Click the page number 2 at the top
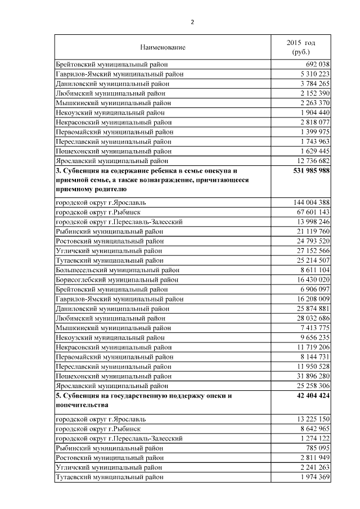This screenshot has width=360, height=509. pos(192,22)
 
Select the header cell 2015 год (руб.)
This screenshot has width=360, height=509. pos(301,47)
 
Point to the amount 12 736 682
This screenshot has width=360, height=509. pos(309,161)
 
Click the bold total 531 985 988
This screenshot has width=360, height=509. pos(307,170)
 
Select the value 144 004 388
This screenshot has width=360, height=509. pos(307,202)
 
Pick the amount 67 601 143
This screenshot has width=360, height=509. pos(309,212)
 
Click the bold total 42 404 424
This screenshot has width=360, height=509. pos(309,395)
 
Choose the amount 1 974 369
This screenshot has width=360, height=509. pos(311,478)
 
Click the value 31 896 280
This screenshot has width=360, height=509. pos(309,376)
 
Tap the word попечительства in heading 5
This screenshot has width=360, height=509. pos(82,405)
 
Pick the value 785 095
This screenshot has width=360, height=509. pos(316,448)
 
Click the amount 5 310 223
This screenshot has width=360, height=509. pos(311,74)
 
